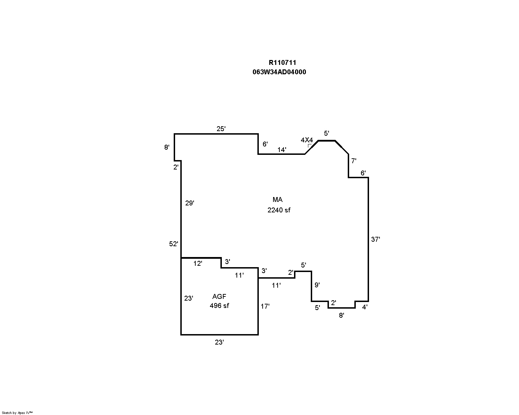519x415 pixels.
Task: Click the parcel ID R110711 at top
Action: pyautogui.click(x=283, y=63)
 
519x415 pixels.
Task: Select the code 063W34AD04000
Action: pyautogui.click(x=279, y=72)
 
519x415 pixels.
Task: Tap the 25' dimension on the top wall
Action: pyautogui.click(x=221, y=129)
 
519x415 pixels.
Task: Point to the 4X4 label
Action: pyautogui.click(x=307, y=140)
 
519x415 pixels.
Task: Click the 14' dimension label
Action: pyautogui.click(x=282, y=150)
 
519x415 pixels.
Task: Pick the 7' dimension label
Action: pyautogui.click(x=354, y=161)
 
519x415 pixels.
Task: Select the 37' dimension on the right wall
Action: pyautogui.click(x=376, y=239)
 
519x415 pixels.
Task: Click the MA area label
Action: pyautogui.click(x=277, y=199)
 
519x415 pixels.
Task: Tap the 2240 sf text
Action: pyautogui.click(x=279, y=210)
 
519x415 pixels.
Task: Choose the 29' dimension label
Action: pyautogui.click(x=189, y=203)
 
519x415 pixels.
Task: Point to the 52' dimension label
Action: pyautogui.click(x=173, y=244)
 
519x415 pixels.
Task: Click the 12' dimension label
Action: pyautogui.click(x=197, y=263)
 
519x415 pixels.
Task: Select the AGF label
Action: pyautogui.click(x=219, y=296)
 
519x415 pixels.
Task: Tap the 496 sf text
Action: pyautogui.click(x=219, y=305)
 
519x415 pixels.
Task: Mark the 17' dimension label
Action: pyautogui.click(x=265, y=306)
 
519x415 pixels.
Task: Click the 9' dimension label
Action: pyautogui.click(x=317, y=285)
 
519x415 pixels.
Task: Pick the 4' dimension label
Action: pyautogui.click(x=365, y=307)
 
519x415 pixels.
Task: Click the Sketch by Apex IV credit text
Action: pyautogui.click(x=17, y=413)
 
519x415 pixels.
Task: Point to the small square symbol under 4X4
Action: pyautogui.click(x=310, y=146)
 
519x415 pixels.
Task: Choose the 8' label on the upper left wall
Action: pyautogui.click(x=167, y=147)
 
